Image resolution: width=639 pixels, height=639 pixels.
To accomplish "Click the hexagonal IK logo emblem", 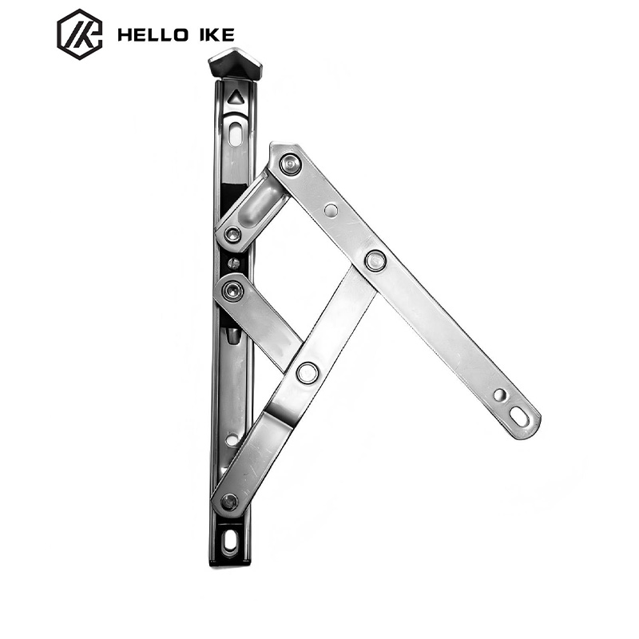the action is click(79, 34).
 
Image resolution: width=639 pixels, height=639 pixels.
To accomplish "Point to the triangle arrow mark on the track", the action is click(235, 97).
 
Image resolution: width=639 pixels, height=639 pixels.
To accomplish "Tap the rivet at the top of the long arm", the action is click(290, 165).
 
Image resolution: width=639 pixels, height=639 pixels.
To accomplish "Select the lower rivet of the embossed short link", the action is click(233, 234).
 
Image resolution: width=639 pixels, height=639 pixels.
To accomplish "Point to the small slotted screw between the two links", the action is click(233, 264).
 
